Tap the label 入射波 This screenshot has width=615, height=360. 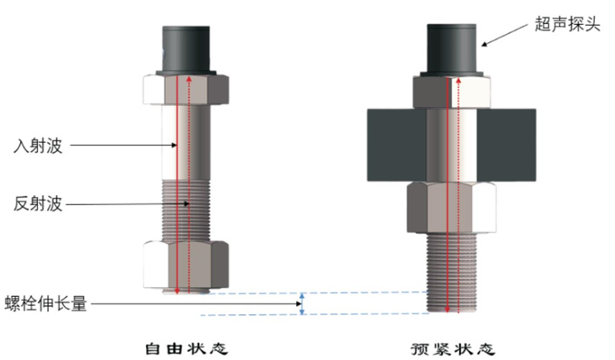(39, 145)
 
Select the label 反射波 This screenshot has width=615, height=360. (39, 202)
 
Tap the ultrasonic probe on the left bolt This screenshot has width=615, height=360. (186, 50)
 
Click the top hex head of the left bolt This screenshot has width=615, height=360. (186, 90)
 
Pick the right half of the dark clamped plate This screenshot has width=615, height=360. (507, 146)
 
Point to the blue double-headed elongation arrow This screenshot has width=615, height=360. (303, 304)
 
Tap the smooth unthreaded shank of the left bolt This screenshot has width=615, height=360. (186, 141)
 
